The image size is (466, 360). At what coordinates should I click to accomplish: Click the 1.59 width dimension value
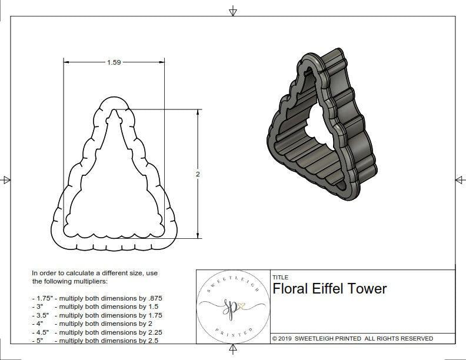tap(114, 63)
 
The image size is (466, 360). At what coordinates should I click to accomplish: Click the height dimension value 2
tap(198, 174)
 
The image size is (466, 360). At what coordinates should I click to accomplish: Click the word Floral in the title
tap(291, 289)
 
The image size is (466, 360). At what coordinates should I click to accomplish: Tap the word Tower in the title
tap(370, 289)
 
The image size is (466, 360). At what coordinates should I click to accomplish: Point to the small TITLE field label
tap(279, 278)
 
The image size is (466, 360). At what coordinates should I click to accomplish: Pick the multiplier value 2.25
tap(151, 332)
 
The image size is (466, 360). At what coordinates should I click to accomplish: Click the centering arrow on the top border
tap(233, 11)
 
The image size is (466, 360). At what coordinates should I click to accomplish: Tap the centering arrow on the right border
tap(459, 180)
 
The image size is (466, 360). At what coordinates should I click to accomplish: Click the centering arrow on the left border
tap(6, 180)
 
